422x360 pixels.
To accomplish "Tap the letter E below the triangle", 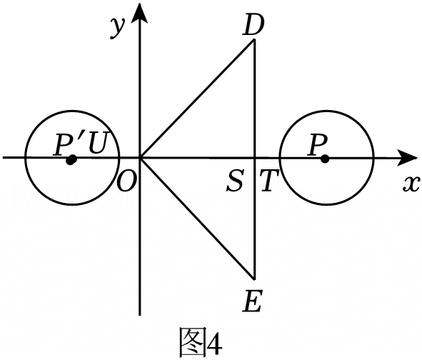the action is pos(252,301).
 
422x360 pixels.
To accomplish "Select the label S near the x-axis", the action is pos(235,180).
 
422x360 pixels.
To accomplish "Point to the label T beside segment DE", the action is pos(269,181).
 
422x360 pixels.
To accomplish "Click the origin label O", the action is pos(128,181).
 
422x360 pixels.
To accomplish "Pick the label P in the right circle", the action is pos(318,145).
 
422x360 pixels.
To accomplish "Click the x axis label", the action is pos(411,185).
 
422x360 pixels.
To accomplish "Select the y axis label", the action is pos(118,28).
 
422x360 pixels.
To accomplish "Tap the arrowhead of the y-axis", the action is pos(139,13).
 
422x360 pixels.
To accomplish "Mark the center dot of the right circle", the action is pos(325,159).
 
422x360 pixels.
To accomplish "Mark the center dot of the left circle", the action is pos(71,160).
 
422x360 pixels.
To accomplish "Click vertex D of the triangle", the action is pos(253,40).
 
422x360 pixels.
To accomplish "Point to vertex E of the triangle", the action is pos(253,279).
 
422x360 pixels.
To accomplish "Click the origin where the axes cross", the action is pos(139,158).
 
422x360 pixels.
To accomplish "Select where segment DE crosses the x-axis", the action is pos(254,158).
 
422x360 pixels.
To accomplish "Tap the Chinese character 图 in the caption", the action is pos(192,342).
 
